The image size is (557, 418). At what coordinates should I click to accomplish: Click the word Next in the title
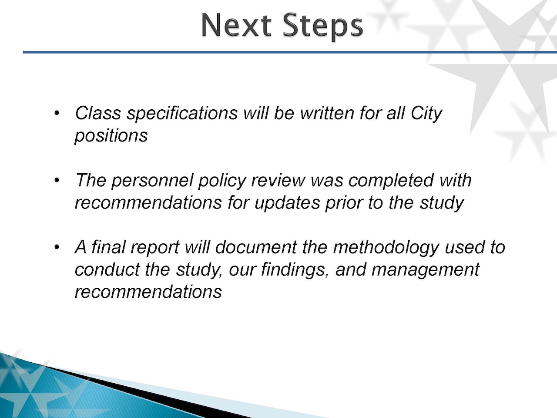(x=236, y=26)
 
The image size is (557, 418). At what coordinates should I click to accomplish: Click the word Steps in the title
(x=322, y=27)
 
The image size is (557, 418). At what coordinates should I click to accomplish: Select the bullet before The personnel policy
(x=57, y=180)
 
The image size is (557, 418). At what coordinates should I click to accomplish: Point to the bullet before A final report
(x=57, y=247)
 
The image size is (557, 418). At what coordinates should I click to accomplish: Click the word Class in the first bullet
(x=98, y=113)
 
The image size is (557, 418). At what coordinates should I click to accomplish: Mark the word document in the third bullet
(x=256, y=247)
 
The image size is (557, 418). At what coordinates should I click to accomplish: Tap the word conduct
(x=107, y=270)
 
